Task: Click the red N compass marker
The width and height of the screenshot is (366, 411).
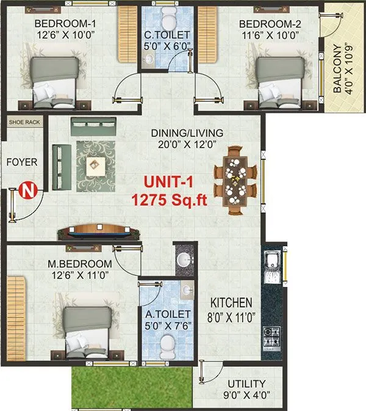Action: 26,191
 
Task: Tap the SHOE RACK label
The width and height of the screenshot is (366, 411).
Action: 24,122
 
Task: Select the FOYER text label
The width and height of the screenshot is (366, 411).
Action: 22,162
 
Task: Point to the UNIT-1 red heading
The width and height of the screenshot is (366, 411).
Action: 169,182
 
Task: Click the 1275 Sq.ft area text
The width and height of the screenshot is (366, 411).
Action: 169,199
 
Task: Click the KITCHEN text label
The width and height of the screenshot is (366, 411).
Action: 231,303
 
